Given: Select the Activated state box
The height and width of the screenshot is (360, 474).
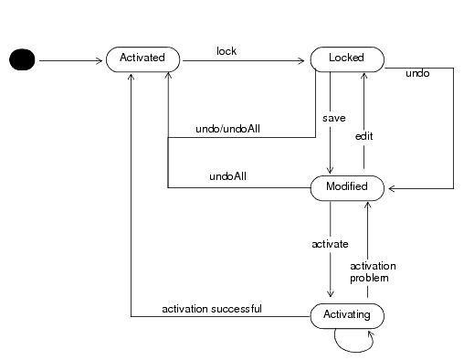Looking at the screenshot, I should pos(142,58).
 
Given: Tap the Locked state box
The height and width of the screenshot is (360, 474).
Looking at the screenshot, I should pos(346,58).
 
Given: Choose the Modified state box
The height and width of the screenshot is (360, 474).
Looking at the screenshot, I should pos(346,187).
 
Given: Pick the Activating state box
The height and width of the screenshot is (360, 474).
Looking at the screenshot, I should pos(346,315).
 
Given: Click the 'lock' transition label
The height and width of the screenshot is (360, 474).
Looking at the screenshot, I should pos(226,51).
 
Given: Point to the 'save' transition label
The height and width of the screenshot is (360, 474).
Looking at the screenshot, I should pos(333,120).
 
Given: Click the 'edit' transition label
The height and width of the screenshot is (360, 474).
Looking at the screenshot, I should pos(364,136).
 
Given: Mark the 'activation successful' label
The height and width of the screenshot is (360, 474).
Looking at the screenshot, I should pos(212,309).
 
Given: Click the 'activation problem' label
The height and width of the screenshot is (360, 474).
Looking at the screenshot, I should pos(374,271).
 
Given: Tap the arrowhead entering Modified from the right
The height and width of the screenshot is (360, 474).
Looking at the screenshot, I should pos(390,189).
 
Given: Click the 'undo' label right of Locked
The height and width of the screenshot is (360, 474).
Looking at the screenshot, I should pos(417,72).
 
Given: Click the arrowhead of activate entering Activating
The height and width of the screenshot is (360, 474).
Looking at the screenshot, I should pos(330,296).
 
